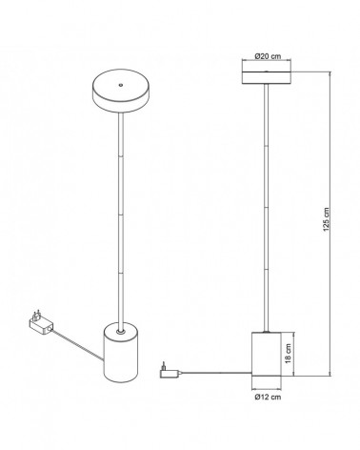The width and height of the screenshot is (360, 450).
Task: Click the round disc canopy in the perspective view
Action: click(x=120, y=89)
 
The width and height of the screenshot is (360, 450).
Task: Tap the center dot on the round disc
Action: click(x=120, y=82)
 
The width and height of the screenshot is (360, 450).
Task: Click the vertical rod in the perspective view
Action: click(x=120, y=219)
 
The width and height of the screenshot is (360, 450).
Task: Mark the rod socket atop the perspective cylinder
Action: click(x=120, y=331)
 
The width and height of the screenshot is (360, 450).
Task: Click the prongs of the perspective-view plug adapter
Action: click(x=35, y=312)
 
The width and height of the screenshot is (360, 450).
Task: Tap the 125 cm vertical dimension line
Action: click(x=330, y=143)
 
